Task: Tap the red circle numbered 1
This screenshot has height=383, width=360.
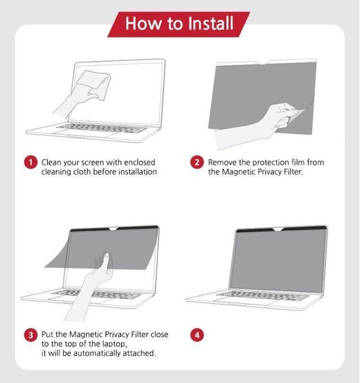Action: (31, 162)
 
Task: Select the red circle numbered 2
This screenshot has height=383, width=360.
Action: (197, 162)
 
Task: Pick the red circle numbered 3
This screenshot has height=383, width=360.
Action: (31, 334)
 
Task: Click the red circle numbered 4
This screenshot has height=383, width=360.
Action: (197, 334)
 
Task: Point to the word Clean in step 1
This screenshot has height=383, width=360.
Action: (52, 162)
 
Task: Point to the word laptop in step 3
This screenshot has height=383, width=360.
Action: (115, 344)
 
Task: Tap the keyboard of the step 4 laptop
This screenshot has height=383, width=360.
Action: (263, 296)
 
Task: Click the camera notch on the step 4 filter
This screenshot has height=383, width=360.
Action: (278, 229)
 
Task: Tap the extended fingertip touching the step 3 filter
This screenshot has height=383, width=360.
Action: (107, 255)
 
